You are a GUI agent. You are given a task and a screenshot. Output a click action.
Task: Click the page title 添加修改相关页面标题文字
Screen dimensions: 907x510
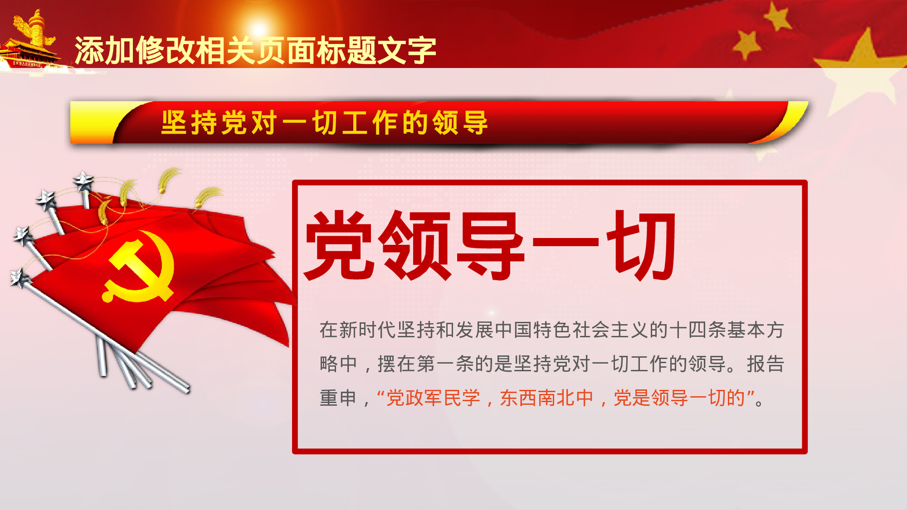click(x=255, y=50)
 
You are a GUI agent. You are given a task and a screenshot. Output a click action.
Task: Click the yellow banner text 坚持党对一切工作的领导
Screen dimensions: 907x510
click(x=325, y=122)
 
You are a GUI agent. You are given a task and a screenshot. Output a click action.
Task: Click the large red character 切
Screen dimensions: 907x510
click(x=642, y=245)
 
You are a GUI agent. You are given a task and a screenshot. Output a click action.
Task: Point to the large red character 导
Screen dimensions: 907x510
click(x=490, y=245)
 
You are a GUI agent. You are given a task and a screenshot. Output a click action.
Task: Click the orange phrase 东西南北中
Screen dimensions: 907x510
click(x=546, y=398)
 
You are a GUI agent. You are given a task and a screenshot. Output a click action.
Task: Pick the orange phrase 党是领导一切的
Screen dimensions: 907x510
click(x=679, y=398)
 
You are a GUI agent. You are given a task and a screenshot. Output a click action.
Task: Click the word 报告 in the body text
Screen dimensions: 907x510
click(x=766, y=364)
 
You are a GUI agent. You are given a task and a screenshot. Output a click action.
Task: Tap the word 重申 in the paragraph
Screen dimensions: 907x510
click(x=338, y=398)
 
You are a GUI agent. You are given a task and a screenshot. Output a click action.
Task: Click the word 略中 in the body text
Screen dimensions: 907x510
click(x=338, y=364)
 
